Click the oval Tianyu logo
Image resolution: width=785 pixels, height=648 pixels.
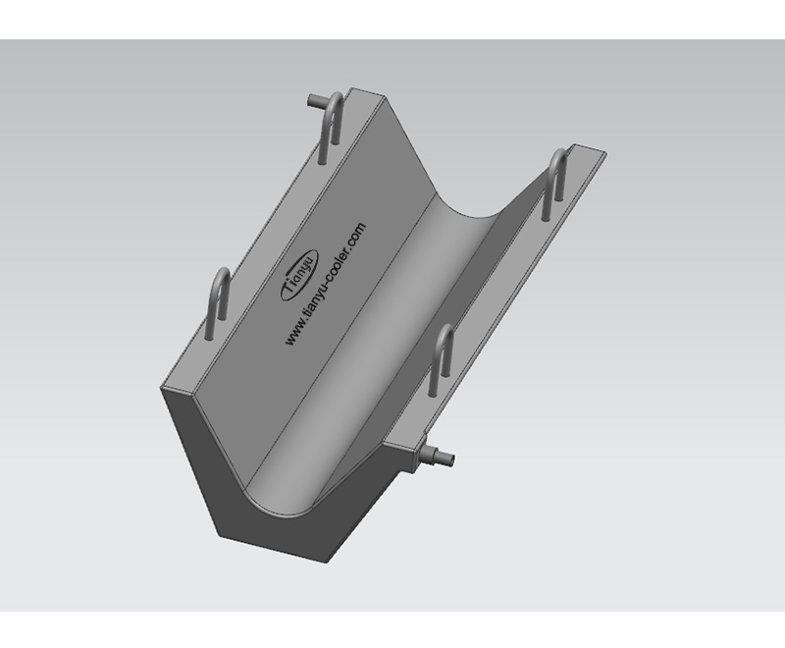pyautogui.click(x=299, y=275)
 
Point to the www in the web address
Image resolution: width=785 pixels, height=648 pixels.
pyautogui.click(x=291, y=335)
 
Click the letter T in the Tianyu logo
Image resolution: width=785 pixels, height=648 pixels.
pyautogui.click(x=289, y=291)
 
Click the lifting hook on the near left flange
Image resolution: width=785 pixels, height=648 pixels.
pyautogui.click(x=218, y=303)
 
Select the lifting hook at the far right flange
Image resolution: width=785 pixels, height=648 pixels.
pyautogui.click(x=555, y=183)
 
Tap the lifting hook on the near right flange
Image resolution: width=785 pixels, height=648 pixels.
pyautogui.click(x=443, y=358)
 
